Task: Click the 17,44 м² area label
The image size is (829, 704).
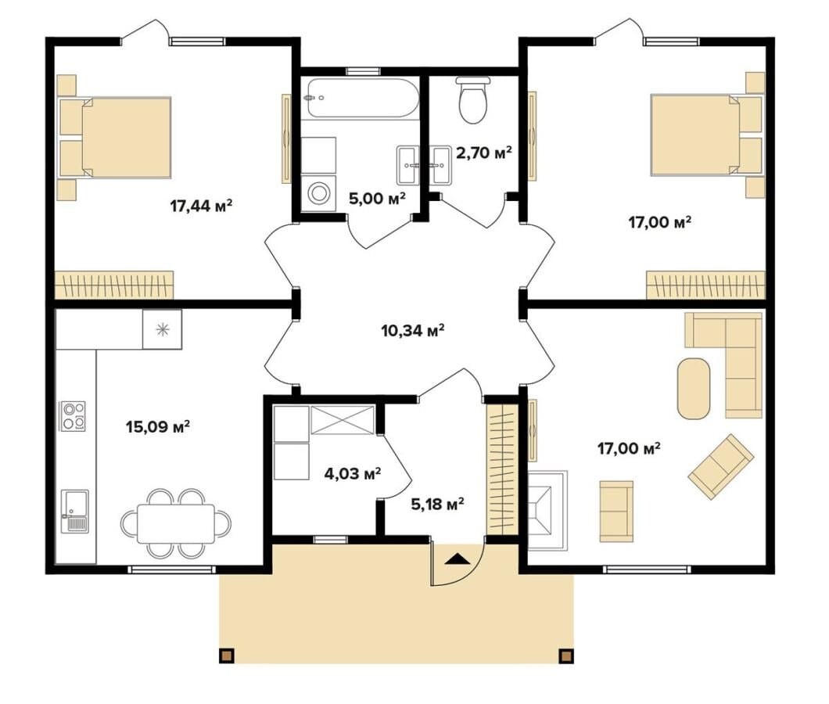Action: (x=202, y=205)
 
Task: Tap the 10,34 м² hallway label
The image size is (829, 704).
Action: (x=412, y=331)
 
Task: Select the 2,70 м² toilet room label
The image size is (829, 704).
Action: (x=484, y=153)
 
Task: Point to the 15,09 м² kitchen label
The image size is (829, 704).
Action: (x=158, y=426)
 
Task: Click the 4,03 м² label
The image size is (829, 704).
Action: (x=353, y=473)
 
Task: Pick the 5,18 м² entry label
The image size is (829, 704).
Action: (x=438, y=504)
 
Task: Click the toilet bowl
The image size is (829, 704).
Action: (x=473, y=100)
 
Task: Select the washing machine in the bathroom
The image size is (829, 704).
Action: (x=319, y=192)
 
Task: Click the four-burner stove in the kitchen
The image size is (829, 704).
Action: (x=74, y=415)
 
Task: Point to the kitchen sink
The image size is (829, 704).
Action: (x=75, y=511)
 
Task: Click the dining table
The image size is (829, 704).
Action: (x=176, y=523)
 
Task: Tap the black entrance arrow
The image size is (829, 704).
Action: (x=457, y=559)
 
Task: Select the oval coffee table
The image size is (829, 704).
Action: (x=694, y=389)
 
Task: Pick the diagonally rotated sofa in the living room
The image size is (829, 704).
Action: (x=720, y=466)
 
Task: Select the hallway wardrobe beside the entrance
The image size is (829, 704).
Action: (x=502, y=469)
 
